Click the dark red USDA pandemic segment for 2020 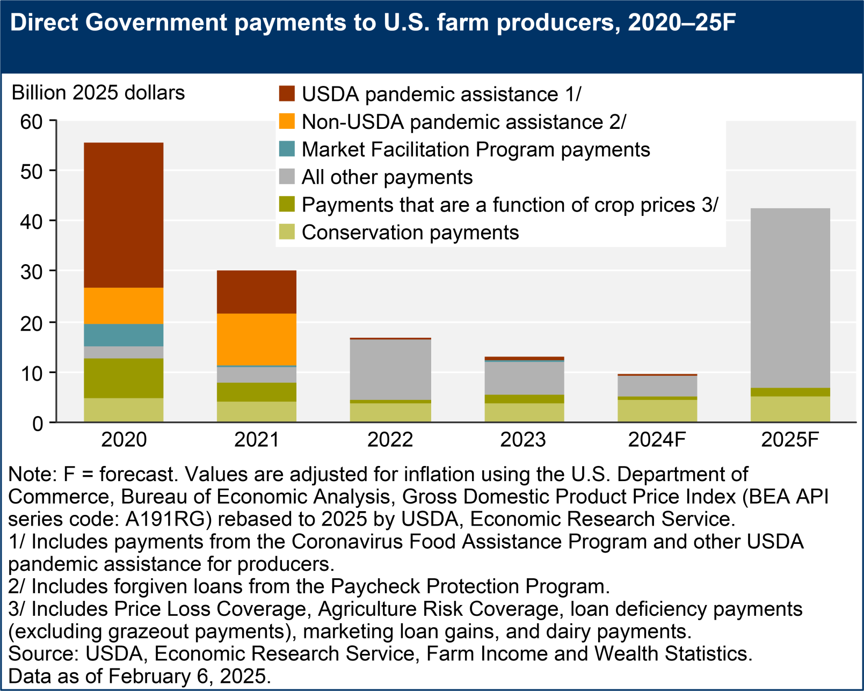[x=124, y=215]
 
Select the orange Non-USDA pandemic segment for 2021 [x=256, y=339]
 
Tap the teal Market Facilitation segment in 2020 [x=124, y=335]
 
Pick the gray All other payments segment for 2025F [x=790, y=298]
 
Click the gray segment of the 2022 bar [x=390, y=369]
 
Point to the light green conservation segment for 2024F [x=657, y=411]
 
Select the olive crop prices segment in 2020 [x=124, y=378]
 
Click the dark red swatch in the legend [x=287, y=93]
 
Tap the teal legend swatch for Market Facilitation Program [x=287, y=149]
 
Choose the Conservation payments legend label [x=410, y=232]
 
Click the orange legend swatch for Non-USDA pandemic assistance [x=287, y=121]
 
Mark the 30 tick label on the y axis [x=31, y=272]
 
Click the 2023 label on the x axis [x=523, y=440]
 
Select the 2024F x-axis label [x=657, y=440]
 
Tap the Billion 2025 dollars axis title [x=98, y=93]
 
